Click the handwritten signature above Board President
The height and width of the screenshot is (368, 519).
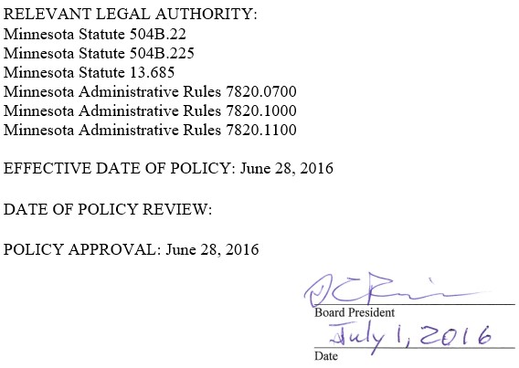tap(361, 292)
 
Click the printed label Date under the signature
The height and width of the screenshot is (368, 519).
tap(326, 355)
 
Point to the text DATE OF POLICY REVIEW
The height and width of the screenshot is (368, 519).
tap(108, 209)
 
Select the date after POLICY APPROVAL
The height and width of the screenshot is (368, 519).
tap(212, 249)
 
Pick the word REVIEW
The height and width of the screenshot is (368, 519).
tap(176, 209)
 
